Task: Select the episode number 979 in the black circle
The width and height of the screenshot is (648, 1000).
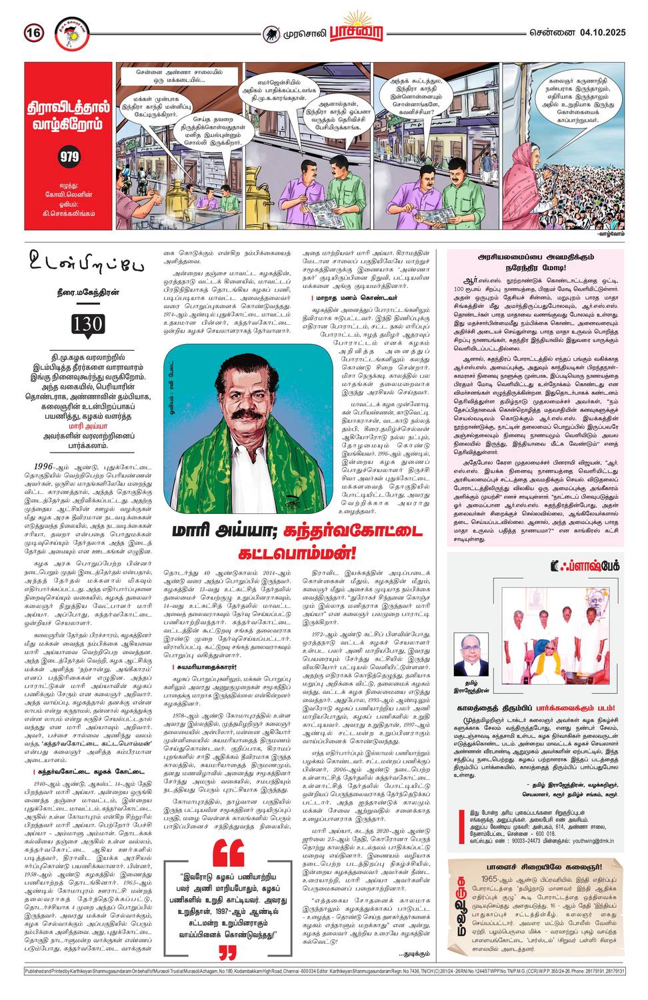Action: pyautogui.click(x=69, y=157)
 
